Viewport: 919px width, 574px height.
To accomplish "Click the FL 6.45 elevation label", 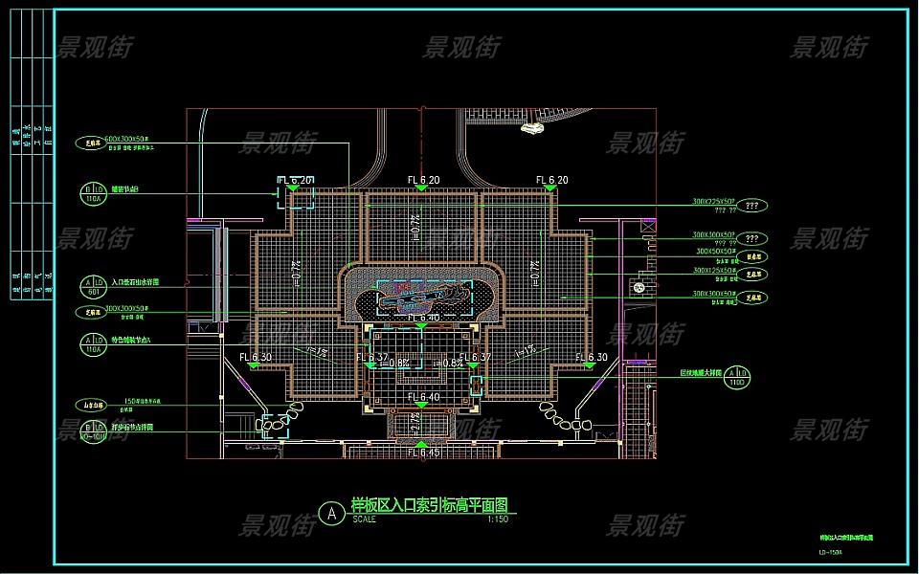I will point(422,453).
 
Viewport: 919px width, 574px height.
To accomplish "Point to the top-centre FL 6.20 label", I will point(422,180).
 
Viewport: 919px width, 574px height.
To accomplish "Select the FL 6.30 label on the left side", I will point(256,357).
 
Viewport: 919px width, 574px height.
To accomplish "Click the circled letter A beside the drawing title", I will point(331,514).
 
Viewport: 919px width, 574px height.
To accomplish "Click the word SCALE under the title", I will point(364,519).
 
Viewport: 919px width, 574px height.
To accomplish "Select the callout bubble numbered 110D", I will point(736,376).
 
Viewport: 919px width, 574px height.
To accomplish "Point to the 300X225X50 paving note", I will point(713,203).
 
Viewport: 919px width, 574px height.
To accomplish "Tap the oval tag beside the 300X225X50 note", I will point(751,206).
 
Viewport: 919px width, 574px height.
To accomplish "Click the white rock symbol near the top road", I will point(529,129).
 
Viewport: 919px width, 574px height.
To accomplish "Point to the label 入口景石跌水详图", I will point(135,283).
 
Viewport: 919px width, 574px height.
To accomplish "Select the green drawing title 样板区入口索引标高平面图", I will point(428,504).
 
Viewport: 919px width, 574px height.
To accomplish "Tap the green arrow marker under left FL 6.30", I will point(256,366).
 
